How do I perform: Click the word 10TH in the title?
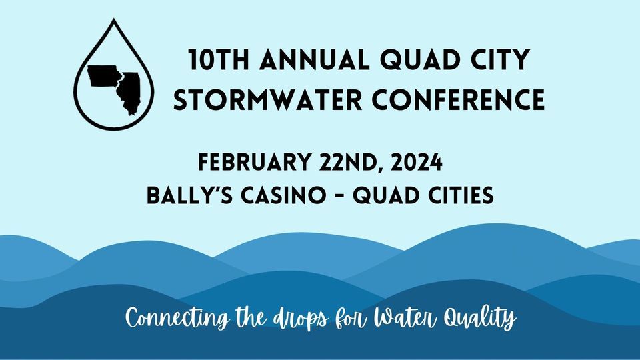[x=219, y=59]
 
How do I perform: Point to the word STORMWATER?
[x=268, y=100]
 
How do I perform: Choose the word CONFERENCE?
[x=459, y=100]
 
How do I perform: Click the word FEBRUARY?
[x=255, y=162]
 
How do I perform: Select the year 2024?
[x=416, y=162]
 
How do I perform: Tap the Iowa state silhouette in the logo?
[x=104, y=76]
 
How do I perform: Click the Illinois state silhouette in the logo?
[x=129, y=92]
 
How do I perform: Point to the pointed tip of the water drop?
[x=114, y=19]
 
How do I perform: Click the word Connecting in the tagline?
[x=177, y=319]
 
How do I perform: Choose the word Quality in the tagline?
[x=480, y=319]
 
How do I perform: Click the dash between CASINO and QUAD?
[x=339, y=195]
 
